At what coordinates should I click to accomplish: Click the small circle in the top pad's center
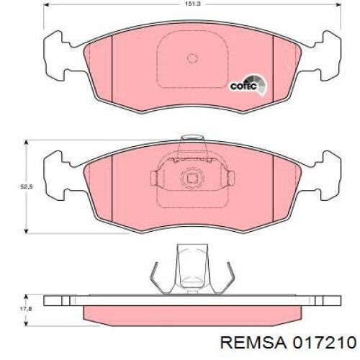click(192, 59)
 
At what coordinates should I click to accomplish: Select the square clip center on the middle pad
click(192, 179)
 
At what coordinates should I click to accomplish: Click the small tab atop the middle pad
click(192, 138)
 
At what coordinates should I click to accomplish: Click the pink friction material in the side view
click(192, 314)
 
